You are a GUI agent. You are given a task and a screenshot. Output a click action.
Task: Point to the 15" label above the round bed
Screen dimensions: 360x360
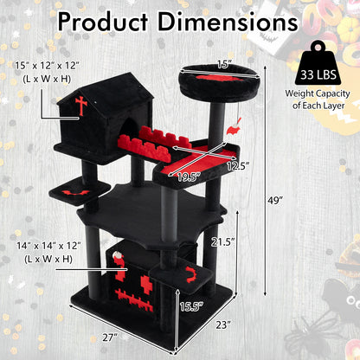point(224,62)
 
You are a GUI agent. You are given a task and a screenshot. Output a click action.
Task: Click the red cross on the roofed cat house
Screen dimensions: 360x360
point(82,106)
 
